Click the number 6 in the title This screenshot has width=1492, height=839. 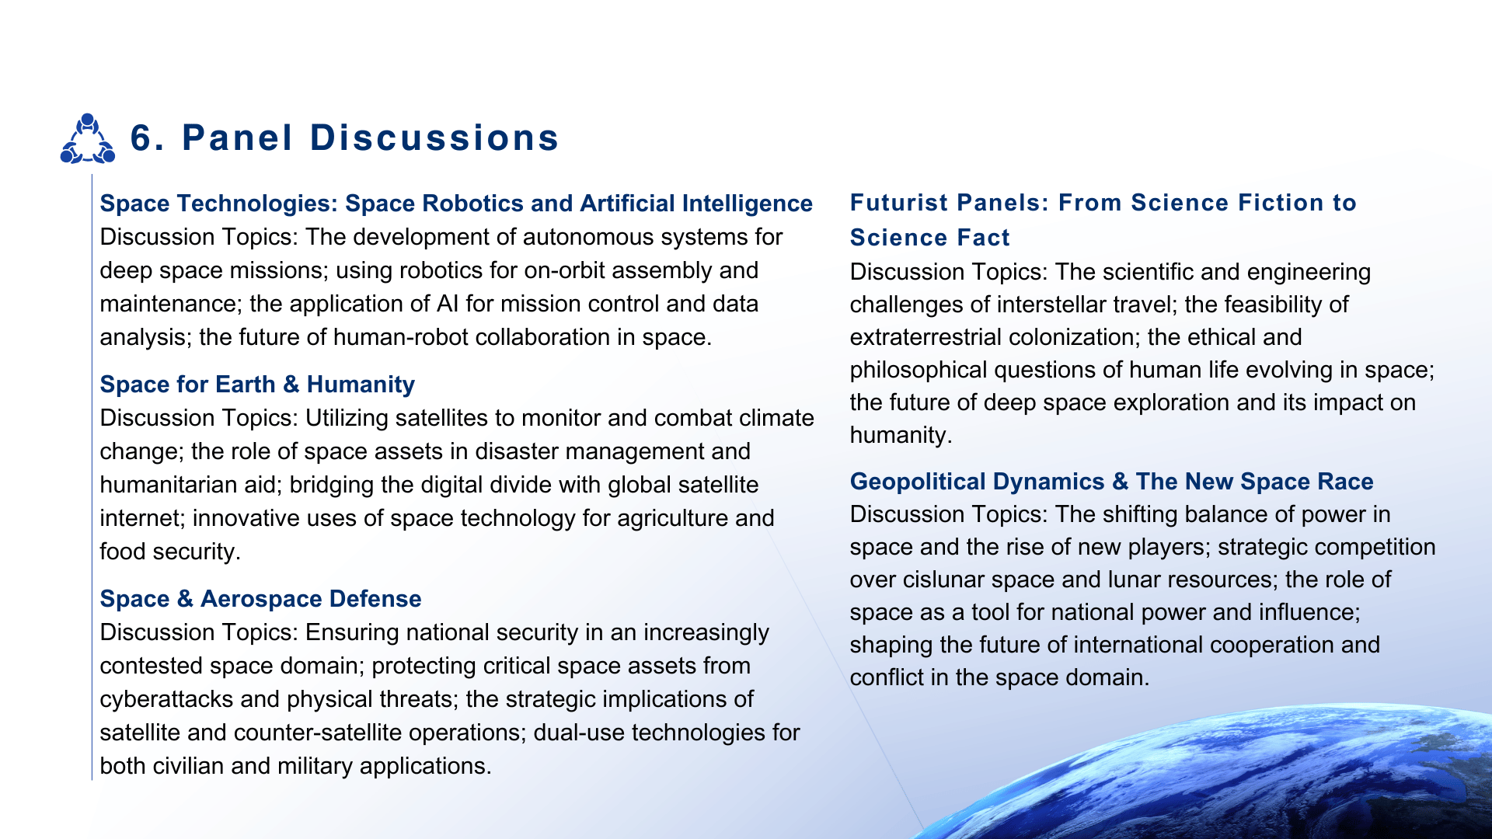click(x=141, y=138)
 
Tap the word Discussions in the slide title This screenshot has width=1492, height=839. click(x=434, y=138)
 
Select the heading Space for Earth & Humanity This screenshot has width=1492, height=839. click(x=257, y=384)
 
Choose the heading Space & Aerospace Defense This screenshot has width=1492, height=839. click(x=260, y=598)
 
